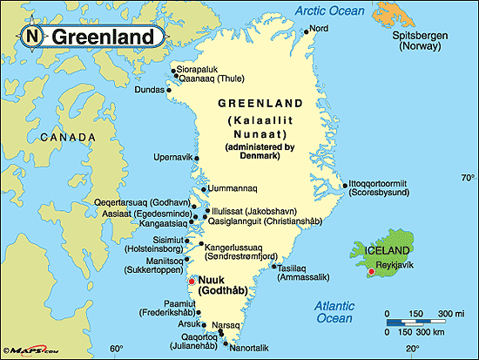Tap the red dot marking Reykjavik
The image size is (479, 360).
(372, 273)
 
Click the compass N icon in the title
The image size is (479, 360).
(32, 36)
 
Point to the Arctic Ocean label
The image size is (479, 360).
(329, 10)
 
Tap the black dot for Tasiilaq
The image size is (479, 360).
(273, 267)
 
